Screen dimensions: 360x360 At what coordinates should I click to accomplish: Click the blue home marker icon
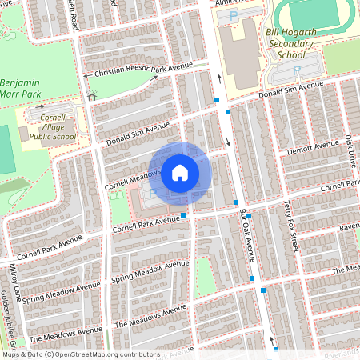(180, 172)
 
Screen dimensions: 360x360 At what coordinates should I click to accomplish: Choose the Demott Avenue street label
(314, 147)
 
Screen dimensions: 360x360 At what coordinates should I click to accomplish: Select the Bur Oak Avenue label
(247, 236)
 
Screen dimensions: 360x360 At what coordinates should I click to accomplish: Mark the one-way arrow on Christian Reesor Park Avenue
(86, 76)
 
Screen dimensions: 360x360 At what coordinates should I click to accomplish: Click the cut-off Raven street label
(349, 226)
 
